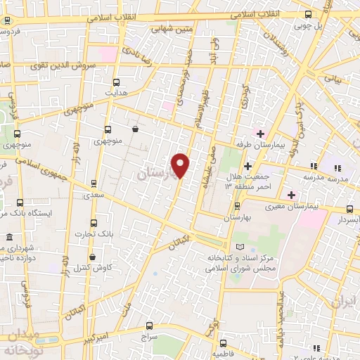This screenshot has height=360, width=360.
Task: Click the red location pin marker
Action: tap(181, 165)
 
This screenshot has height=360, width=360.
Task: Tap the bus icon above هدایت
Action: tap(117, 81)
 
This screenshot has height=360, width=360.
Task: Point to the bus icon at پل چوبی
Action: tap(308, 15)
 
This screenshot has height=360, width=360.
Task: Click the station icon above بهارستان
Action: tap(237, 206)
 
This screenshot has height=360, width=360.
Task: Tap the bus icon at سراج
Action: tap(148, 325)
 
